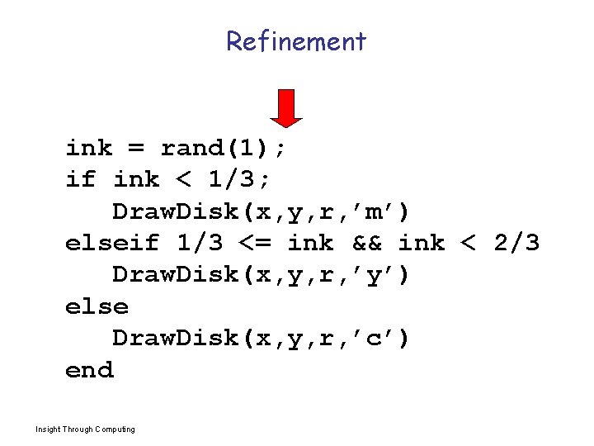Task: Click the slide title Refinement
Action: (296, 40)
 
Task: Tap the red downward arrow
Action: (287, 107)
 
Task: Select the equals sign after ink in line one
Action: (136, 149)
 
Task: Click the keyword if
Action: (81, 180)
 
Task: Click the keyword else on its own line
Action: (97, 306)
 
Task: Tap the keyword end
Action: (89, 370)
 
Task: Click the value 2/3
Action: (516, 243)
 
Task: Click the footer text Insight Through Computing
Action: (86, 429)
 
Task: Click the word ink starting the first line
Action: (89, 149)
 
